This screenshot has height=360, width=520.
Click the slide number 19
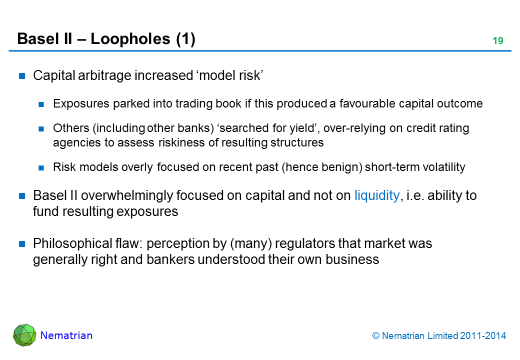[x=497, y=41]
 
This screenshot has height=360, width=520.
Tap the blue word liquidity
[x=376, y=196]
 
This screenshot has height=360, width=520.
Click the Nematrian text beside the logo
[x=66, y=335]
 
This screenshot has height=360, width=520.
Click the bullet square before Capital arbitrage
[x=22, y=76]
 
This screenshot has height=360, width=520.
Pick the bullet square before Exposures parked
[x=42, y=104]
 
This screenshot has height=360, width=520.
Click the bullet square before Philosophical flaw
[x=22, y=244]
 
